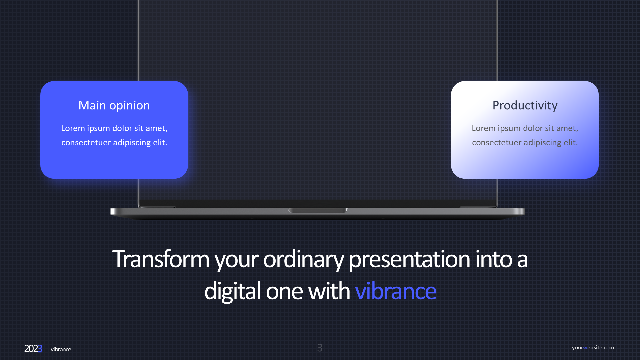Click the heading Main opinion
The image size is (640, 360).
[114, 105]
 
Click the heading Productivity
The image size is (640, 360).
[525, 105]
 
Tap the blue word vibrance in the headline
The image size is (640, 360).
[396, 291]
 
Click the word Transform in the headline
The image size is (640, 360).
[161, 259]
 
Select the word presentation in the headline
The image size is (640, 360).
[409, 260]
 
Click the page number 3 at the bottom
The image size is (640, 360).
[320, 348]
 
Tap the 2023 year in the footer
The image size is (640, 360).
[33, 349]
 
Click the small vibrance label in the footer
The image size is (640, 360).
[61, 349]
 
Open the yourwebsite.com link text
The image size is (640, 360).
[593, 347]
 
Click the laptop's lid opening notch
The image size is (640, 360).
[318, 210]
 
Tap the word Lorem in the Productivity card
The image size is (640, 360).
[483, 128]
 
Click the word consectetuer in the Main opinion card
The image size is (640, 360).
[86, 143]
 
